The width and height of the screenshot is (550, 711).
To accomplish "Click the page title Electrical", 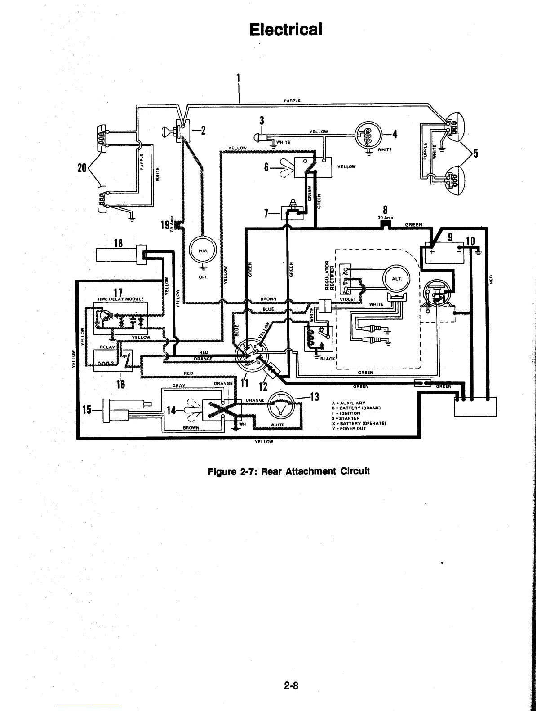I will click(x=286, y=30).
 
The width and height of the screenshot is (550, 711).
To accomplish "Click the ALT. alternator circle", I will click(x=396, y=278).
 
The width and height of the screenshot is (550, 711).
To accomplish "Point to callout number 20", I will click(x=82, y=168).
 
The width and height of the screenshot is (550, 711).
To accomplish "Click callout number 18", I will click(x=119, y=243).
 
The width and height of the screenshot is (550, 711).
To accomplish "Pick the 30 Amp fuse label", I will click(x=386, y=218).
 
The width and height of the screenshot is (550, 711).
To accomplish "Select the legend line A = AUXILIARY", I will click(x=349, y=403).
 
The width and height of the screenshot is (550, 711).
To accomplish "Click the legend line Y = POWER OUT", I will click(x=349, y=428).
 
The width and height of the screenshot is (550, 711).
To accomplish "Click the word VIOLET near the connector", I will click(x=348, y=299).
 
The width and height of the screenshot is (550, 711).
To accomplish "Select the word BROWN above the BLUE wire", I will click(x=268, y=299).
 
